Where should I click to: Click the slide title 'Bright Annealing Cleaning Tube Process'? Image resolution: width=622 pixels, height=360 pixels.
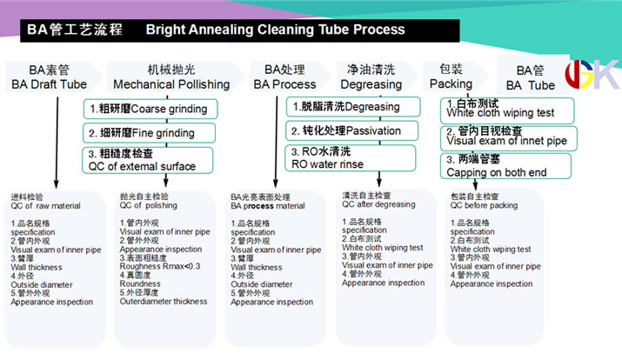(275, 30)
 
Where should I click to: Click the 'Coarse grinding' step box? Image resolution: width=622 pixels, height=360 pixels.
(150, 109)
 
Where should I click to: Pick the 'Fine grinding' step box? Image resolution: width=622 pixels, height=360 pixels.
(149, 133)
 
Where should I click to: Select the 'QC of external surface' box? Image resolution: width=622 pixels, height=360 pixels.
(148, 160)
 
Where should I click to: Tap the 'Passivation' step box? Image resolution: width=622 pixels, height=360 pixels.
(351, 130)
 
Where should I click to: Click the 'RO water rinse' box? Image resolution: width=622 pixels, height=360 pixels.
(351, 157)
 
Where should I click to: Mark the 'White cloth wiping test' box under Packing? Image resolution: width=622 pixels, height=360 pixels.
(507, 110)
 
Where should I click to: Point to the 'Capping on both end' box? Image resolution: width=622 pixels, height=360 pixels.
(505, 166)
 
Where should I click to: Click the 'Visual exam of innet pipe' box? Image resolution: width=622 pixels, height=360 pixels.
(509, 138)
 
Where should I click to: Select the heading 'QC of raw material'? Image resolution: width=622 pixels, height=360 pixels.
(45, 206)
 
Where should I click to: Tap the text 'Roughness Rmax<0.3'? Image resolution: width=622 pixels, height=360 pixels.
(160, 266)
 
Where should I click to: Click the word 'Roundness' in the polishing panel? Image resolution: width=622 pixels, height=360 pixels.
(140, 283)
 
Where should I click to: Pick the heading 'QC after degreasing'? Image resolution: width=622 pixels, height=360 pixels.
(378, 204)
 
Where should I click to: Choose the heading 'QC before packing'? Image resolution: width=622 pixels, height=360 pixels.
(484, 205)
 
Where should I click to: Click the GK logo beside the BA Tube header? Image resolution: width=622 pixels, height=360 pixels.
(592, 74)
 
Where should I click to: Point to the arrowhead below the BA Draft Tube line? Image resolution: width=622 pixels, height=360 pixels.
(57, 184)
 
